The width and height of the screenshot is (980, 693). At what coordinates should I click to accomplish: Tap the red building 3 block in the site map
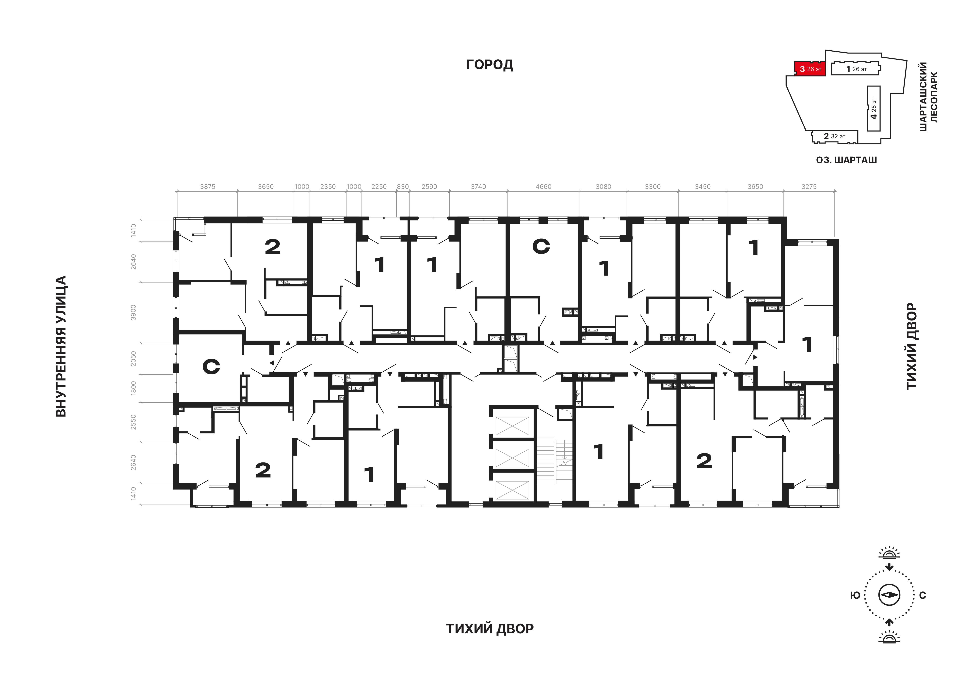[x=810, y=69]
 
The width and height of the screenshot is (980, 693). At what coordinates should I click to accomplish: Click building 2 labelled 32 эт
[x=834, y=137]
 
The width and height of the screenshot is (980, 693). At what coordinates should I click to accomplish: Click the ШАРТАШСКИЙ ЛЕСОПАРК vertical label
[x=928, y=97]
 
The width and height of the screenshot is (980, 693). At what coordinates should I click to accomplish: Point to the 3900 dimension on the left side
[x=134, y=312]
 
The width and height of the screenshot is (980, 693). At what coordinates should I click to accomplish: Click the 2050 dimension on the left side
[x=134, y=358]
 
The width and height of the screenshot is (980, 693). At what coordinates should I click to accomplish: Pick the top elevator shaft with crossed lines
[x=512, y=426]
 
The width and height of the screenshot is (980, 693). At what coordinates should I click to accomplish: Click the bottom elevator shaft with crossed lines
[x=512, y=490]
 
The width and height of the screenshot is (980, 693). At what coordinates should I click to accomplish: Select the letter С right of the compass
[x=923, y=595]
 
